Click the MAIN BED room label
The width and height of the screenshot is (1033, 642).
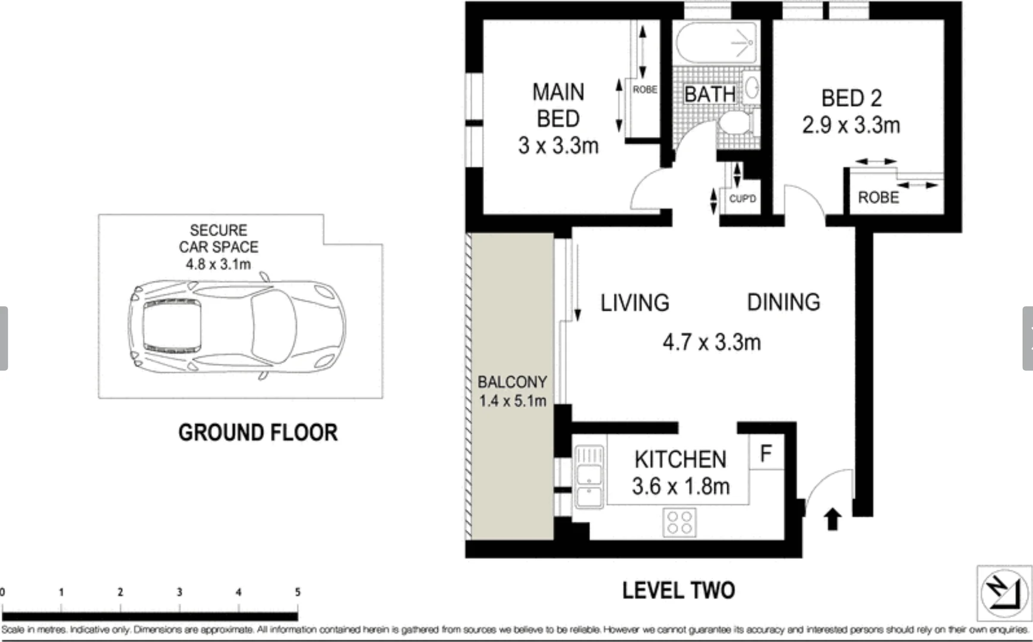[558, 106]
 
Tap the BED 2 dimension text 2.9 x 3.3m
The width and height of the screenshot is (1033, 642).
[851, 125]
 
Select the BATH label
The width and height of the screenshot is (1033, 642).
[709, 95]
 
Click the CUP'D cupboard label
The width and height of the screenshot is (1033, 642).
[742, 199]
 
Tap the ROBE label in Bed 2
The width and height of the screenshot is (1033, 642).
[878, 197]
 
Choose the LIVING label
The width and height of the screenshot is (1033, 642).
[634, 303]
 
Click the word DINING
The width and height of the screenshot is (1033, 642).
[783, 303]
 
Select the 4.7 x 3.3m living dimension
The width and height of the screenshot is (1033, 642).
[711, 342]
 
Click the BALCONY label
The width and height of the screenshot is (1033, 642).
[512, 382]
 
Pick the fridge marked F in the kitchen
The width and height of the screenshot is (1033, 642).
[766, 454]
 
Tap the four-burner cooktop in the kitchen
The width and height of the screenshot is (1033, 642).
[680, 523]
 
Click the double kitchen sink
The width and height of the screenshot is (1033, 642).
[589, 478]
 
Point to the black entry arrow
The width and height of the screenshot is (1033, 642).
[832, 519]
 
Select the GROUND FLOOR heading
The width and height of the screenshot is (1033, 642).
[258, 432]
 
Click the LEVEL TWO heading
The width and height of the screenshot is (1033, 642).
[678, 590]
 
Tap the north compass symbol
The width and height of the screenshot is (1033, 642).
[1004, 593]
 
